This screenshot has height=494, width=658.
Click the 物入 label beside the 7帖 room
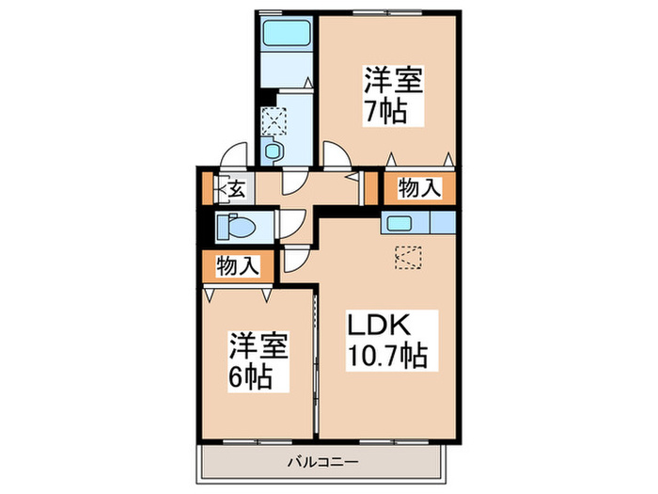pyautogui.click(x=419, y=188)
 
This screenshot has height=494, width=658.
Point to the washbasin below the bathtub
pyautogui.click(x=274, y=150)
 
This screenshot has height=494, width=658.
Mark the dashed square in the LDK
pyautogui.click(x=408, y=256)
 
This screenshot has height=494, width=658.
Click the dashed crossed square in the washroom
pyautogui.click(x=274, y=119)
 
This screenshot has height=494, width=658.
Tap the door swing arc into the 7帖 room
pyautogui.click(x=336, y=152)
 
